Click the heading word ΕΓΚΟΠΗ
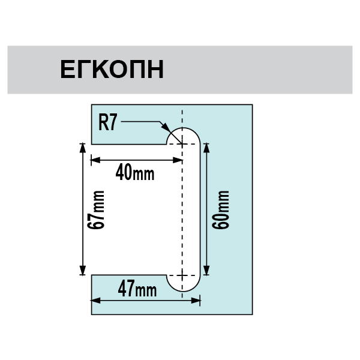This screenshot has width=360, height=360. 112,69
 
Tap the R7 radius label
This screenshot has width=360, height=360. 107,123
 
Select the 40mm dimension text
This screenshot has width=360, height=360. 135,172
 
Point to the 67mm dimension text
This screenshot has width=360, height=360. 96,209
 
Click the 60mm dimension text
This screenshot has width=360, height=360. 221,209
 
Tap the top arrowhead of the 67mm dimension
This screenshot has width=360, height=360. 83,148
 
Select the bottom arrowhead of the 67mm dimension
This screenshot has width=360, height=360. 83,270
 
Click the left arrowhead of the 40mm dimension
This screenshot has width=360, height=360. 96,160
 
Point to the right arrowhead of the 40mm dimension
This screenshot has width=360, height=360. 178,160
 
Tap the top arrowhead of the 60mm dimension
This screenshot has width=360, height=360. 206,148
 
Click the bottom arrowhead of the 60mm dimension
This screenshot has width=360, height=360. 206,270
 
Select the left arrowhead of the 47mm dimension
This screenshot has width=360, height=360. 96,301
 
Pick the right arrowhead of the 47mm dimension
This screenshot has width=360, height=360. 196,301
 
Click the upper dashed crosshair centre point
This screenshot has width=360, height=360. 182,144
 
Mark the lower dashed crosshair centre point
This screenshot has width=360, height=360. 182,275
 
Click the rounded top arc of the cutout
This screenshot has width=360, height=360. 183,128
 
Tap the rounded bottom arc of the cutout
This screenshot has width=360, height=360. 183,292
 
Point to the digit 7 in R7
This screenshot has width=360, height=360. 113,123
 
